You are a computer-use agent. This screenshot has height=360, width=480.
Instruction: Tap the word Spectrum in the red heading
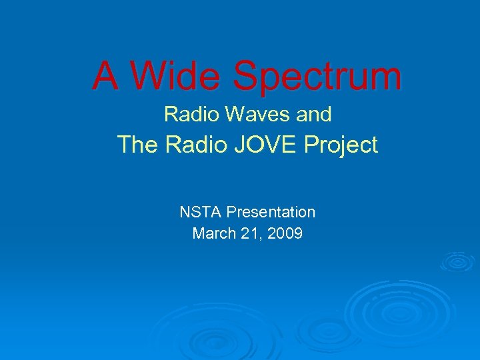318,77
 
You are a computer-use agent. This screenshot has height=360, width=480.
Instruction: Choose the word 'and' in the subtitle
314,115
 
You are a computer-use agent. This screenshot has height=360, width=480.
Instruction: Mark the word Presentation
271,213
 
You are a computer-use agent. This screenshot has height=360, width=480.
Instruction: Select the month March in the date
212,234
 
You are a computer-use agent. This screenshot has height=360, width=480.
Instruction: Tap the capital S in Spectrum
249,76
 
